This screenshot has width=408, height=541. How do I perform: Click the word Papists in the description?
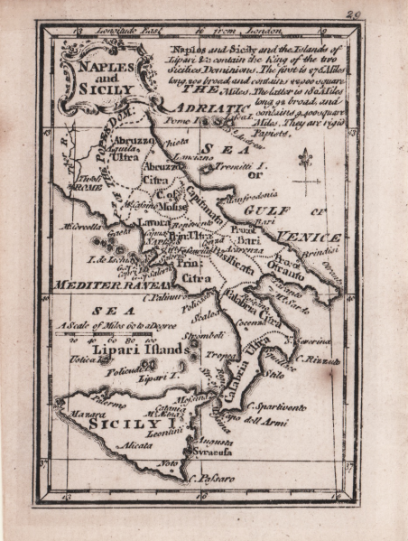click(269, 132)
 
